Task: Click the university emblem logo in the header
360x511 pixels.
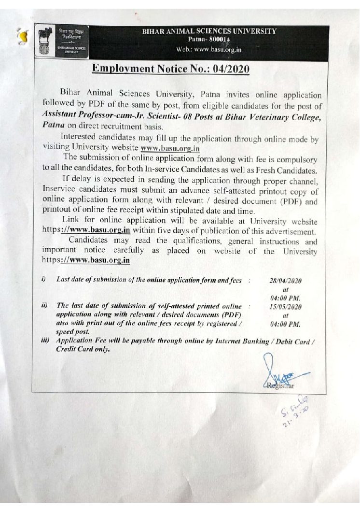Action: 46,42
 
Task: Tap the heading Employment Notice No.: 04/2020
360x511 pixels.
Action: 171,69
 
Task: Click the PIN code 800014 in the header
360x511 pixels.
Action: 218,40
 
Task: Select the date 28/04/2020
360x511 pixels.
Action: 285,280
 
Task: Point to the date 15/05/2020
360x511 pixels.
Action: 285,307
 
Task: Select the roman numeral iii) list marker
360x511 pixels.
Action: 45,341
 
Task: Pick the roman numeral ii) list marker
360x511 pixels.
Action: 44,306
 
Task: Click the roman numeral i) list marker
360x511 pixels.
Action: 43,279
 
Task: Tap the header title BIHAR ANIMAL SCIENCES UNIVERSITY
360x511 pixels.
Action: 209,31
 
